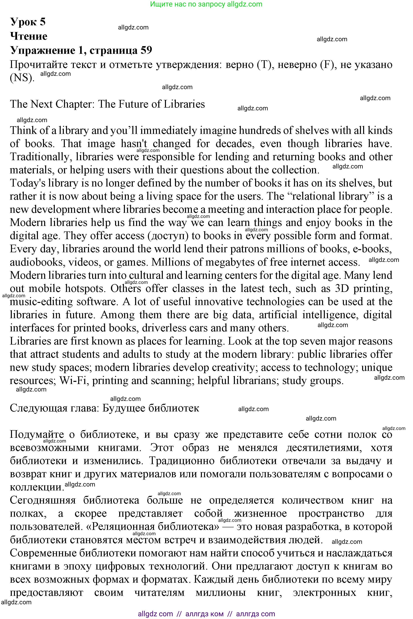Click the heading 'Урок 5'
[28, 22]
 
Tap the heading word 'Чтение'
[29, 36]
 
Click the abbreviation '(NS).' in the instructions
[22, 78]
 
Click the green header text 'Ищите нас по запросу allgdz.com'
[206, 4]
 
